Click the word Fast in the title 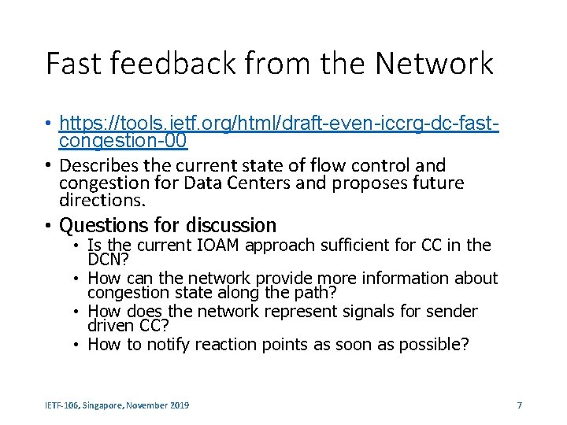pyautogui.click(x=74, y=63)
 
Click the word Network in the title pyautogui.click(x=426, y=63)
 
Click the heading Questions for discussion pyautogui.click(x=168, y=226)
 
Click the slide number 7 pyautogui.click(x=519, y=405)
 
